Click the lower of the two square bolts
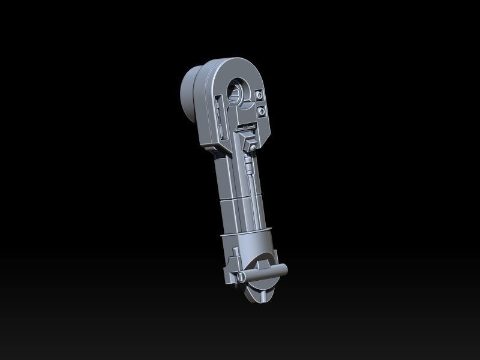pyautogui.click(x=262, y=112)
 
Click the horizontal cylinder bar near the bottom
pyautogui.click(x=264, y=273)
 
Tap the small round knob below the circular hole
pyautogui.click(x=254, y=148)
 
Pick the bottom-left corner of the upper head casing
pyautogui.click(x=208, y=145)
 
